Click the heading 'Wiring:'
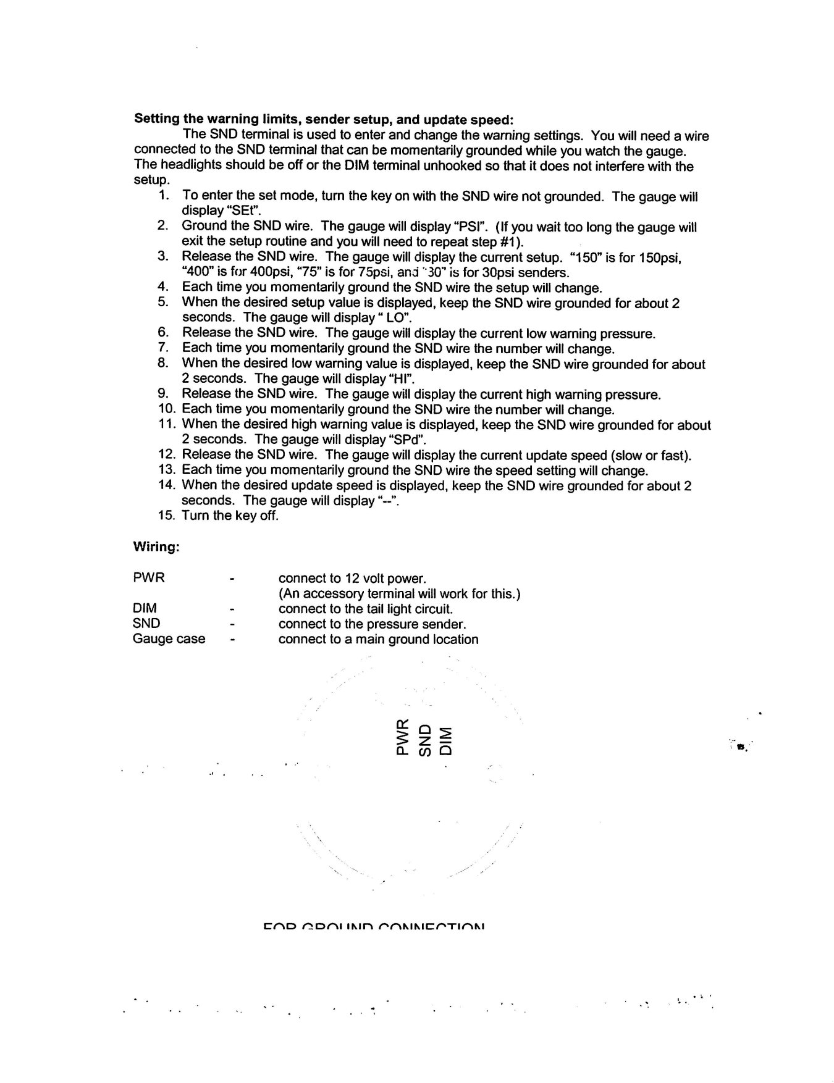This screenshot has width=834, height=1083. pos(156,547)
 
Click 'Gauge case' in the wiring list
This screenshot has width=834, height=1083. pos(169,639)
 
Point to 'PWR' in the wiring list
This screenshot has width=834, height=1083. pos(149,579)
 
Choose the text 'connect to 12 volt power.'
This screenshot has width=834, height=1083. pos(352,579)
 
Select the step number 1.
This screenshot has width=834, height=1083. pos(164,196)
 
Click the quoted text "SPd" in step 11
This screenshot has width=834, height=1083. pos(406,440)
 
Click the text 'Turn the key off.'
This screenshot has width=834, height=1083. pos(230,516)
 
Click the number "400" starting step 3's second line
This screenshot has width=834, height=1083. pos(196,272)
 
